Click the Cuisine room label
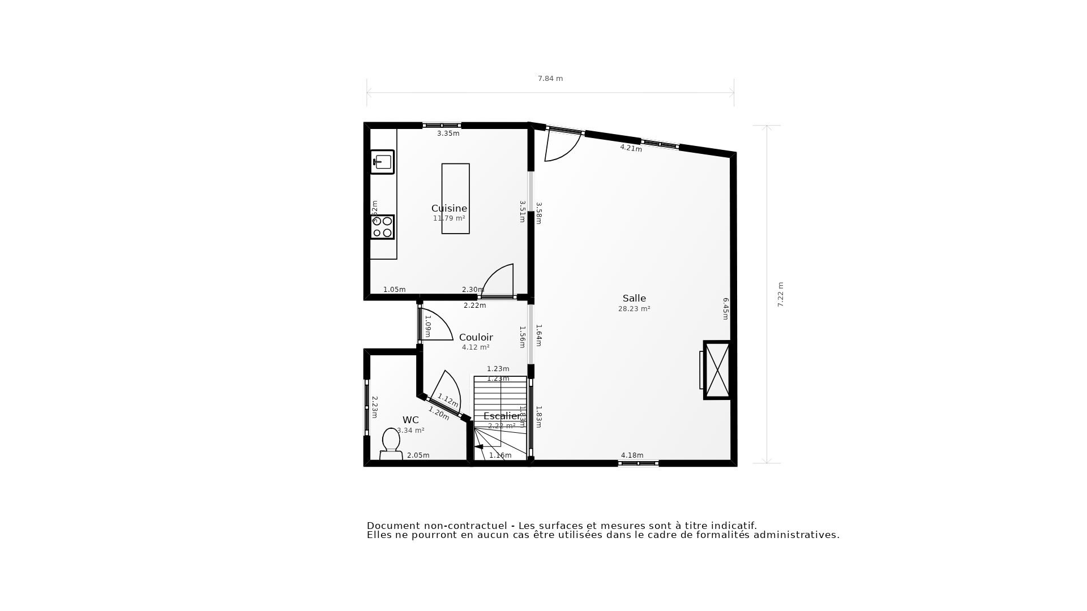(449, 208)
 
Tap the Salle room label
(634, 298)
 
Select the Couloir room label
(476, 337)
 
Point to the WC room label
(410, 420)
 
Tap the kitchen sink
(383, 162)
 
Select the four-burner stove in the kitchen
(382, 227)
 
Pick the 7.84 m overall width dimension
(550, 79)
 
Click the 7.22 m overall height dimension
(780, 294)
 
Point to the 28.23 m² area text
(634, 309)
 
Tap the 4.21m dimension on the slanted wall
(631, 148)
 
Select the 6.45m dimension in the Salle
(725, 309)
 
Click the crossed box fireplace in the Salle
(717, 370)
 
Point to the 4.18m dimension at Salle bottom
(632, 455)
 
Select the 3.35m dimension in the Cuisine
(448, 134)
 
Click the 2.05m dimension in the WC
(418, 455)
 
